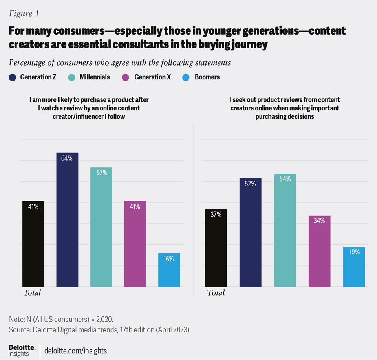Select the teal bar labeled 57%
(101, 227)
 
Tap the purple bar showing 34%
(319, 251)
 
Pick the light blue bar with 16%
(169, 270)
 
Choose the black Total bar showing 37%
(216, 248)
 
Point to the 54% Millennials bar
(285, 230)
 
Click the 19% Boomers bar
(354, 267)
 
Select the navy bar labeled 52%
(251, 232)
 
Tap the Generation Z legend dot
(13, 77)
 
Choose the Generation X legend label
(152, 77)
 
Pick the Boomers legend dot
(187, 77)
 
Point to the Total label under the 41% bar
(32, 293)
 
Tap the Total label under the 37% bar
(216, 293)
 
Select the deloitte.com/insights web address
(76, 351)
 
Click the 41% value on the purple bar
(135, 206)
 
